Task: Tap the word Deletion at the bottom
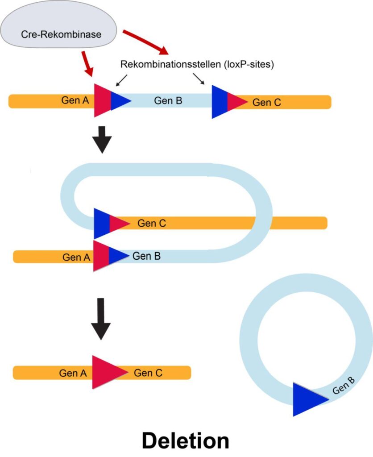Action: tap(185, 440)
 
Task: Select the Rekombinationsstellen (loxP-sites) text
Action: tap(197, 64)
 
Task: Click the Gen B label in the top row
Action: tap(168, 101)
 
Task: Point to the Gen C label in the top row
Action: tap(267, 102)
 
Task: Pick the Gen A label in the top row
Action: tap(75, 101)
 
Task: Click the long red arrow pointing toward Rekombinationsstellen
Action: tap(145, 41)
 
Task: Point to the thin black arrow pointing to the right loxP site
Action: tap(199, 79)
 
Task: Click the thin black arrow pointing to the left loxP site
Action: tap(121, 80)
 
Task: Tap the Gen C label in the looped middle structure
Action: tap(152, 223)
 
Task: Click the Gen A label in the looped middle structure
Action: tap(76, 257)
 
